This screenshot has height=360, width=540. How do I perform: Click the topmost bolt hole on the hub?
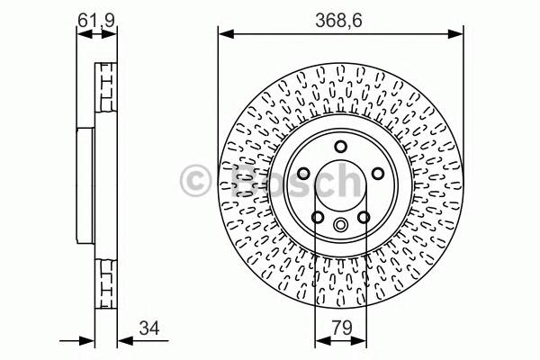pyautogui.click(x=340, y=148)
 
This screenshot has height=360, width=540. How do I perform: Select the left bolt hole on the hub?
pyautogui.click(x=303, y=175)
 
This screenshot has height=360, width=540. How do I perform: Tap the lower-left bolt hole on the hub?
pyautogui.click(x=317, y=217)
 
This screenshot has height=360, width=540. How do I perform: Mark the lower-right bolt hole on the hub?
pyautogui.click(x=363, y=217)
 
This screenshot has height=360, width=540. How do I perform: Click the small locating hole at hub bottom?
pyautogui.click(x=340, y=226)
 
